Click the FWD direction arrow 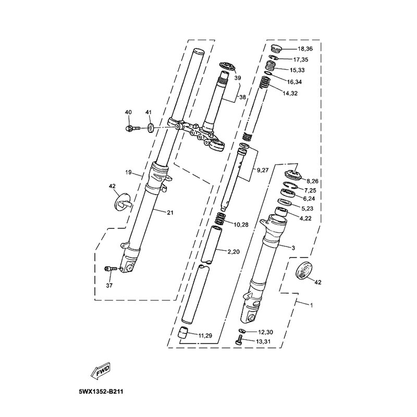point(100,370)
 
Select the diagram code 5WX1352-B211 point(101,393)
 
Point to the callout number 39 point(238,78)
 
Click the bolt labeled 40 point(132,128)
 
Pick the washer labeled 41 point(151,128)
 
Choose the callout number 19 point(128,173)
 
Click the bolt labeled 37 point(111,269)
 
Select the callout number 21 point(170,213)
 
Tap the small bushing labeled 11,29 point(182,333)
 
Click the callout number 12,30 point(266,332)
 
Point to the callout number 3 point(293,248)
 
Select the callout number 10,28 point(241,225)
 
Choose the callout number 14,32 point(290,93)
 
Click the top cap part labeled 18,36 point(276,49)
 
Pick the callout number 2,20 point(234,252)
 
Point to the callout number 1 point(311,305)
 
